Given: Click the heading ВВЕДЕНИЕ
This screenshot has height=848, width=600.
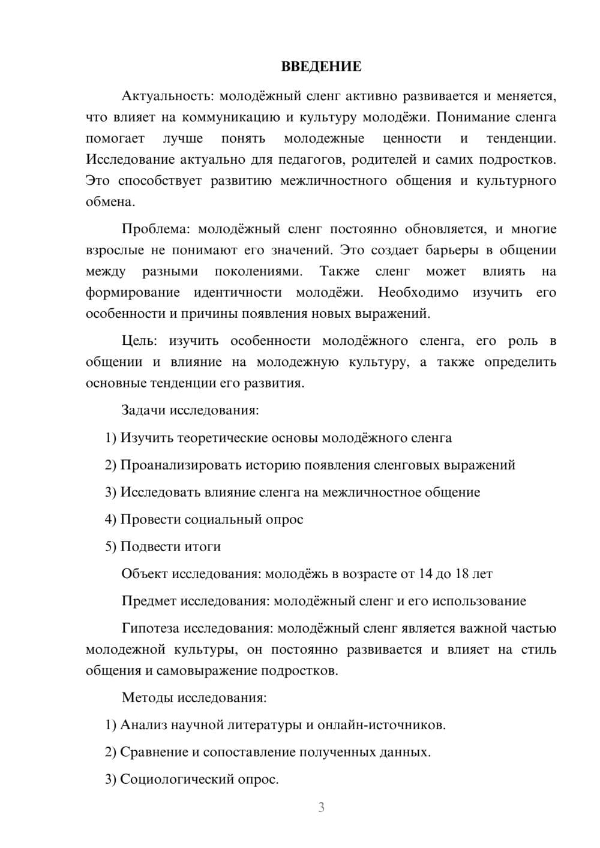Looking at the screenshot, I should [321, 67].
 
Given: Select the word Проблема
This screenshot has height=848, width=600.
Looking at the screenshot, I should [156, 229].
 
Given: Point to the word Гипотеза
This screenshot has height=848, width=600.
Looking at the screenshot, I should [150, 628].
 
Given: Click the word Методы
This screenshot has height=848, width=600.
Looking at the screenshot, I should [146, 697].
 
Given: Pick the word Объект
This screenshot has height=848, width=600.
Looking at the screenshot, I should [145, 574].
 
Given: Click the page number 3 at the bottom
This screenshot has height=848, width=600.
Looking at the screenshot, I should [321, 807].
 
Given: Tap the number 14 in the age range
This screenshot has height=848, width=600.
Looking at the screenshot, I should [425, 574].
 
